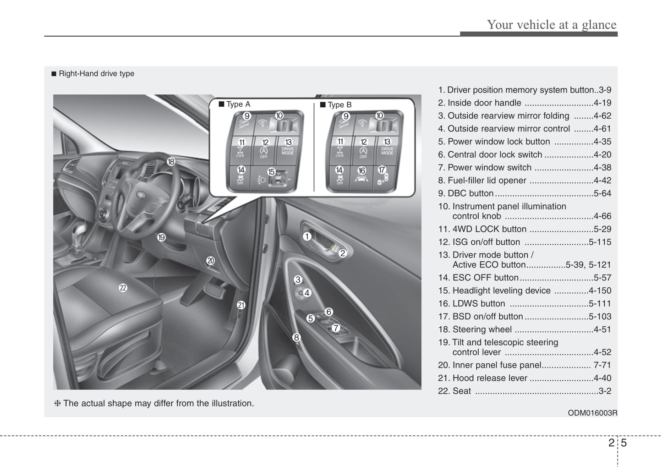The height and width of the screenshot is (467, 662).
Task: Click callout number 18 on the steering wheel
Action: click(x=171, y=162)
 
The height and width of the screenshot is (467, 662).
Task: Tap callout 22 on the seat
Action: click(x=123, y=288)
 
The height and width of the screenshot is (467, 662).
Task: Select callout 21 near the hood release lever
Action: click(x=241, y=305)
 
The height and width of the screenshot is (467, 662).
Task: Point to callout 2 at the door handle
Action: click(x=342, y=253)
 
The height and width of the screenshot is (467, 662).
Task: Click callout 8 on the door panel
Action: click(x=296, y=338)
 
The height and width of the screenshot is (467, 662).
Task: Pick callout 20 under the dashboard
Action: click(x=210, y=261)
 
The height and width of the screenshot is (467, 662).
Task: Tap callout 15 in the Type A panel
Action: click(x=271, y=172)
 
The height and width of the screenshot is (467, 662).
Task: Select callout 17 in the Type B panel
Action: click(x=382, y=170)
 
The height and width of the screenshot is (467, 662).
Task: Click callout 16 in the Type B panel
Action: click(x=361, y=171)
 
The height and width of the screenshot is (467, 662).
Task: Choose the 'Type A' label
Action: click(x=238, y=104)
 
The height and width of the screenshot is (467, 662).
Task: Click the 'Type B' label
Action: click(x=339, y=105)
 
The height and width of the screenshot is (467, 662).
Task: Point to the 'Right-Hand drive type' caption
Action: click(x=96, y=74)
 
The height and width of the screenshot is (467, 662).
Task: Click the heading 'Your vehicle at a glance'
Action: click(x=552, y=25)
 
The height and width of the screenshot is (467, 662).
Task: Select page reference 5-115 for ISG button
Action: click(x=600, y=242)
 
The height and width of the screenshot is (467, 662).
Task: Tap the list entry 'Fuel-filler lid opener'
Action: click(x=487, y=181)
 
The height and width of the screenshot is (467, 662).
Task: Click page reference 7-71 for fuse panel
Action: click(x=602, y=365)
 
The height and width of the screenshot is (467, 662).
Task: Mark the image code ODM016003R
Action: click(x=592, y=413)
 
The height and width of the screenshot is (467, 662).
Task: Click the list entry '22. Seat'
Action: click(x=454, y=391)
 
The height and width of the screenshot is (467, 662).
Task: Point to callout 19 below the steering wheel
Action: click(x=161, y=237)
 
